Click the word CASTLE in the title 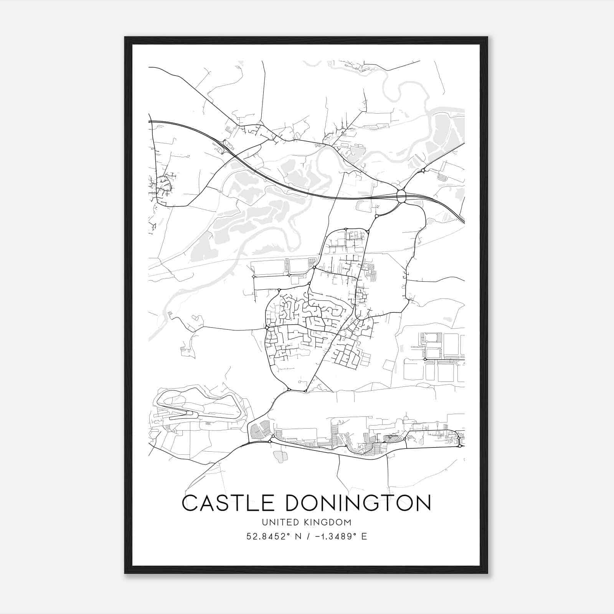(230, 503)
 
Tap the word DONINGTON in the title (358, 503)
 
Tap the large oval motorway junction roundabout (401, 197)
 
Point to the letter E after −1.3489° (364, 536)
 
